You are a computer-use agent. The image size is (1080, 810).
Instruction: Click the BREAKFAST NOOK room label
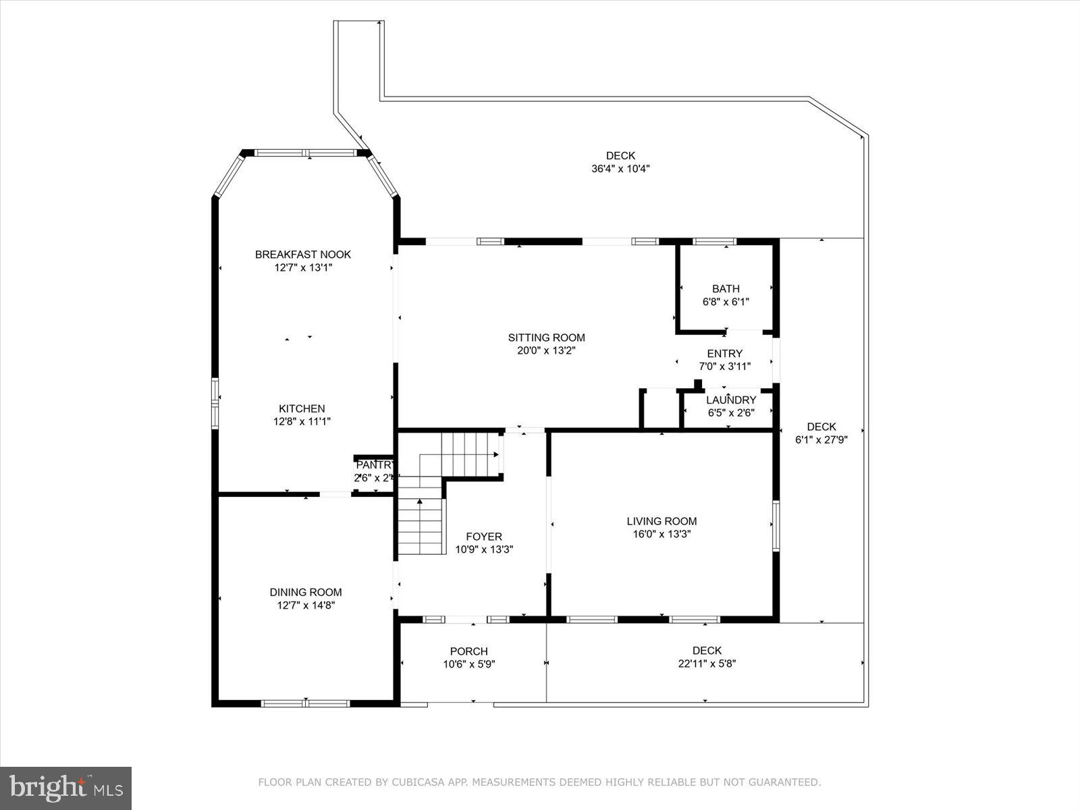click(x=303, y=254)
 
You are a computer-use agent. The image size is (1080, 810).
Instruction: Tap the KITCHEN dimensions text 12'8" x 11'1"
click(x=302, y=421)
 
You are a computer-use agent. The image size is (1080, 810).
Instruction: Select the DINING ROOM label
click(x=306, y=592)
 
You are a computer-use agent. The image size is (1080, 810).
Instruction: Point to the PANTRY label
click(x=375, y=465)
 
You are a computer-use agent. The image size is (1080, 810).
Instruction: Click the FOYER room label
click(x=484, y=537)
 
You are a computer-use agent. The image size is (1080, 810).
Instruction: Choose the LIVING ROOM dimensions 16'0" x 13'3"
click(x=661, y=534)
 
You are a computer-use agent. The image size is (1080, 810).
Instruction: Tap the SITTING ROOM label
click(x=546, y=337)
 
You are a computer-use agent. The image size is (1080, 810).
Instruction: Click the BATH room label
click(x=726, y=289)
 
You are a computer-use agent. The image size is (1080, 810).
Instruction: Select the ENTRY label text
click(x=724, y=353)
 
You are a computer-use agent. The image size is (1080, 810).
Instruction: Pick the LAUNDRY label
click(x=731, y=400)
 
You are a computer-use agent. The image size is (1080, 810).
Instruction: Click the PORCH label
click(x=468, y=651)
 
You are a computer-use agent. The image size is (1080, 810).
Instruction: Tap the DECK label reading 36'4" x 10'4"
click(x=620, y=169)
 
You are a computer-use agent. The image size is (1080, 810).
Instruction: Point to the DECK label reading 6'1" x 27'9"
click(x=821, y=439)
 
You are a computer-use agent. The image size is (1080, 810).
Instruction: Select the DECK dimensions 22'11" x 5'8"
click(x=707, y=664)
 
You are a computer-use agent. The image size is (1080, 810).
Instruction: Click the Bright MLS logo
click(x=66, y=788)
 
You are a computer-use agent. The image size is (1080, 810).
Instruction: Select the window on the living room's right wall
click(x=776, y=526)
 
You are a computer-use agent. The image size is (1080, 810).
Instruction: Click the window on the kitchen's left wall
click(x=215, y=404)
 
